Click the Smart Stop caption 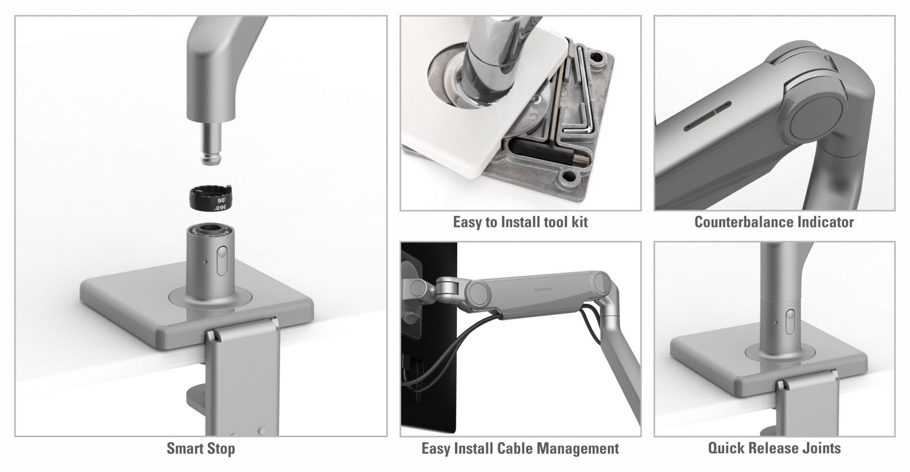(x=200, y=448)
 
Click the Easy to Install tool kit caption (x=520, y=222)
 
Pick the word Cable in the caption (x=517, y=448)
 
